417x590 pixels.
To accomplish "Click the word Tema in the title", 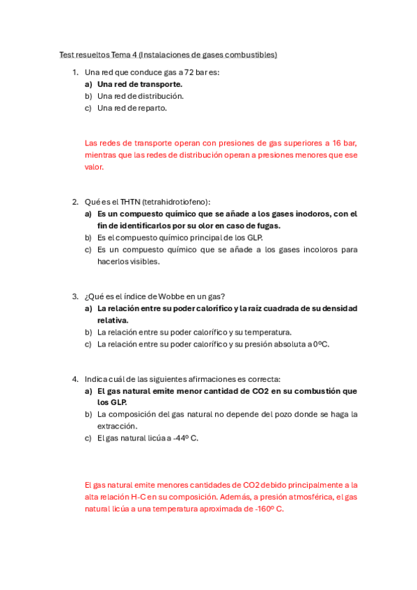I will coord(123,54).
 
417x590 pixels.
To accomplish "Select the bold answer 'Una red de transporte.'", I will coord(139,84).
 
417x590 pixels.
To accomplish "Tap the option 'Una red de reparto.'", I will coord(132,108).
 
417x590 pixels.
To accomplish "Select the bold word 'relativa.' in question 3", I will coord(112,320).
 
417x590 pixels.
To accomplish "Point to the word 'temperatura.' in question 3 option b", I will coord(270,332).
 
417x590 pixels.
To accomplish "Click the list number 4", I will coord(74,379).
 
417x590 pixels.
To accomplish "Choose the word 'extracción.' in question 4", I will coord(117,426).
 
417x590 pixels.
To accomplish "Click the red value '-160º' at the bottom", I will coord(262,509).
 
